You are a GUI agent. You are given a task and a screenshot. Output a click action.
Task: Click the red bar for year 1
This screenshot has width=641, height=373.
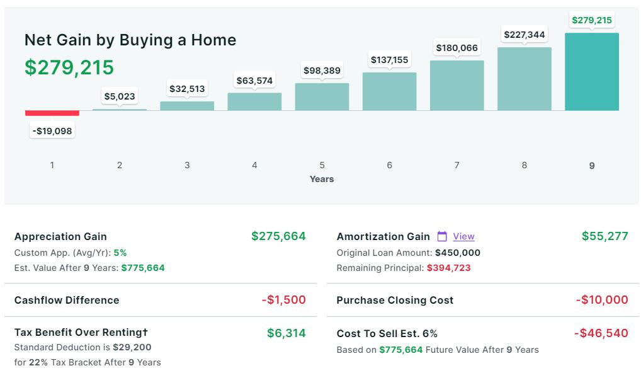52,113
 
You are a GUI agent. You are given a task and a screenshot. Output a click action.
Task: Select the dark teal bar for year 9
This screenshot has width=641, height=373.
591,72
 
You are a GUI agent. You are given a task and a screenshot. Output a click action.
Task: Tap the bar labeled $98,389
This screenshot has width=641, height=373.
322,96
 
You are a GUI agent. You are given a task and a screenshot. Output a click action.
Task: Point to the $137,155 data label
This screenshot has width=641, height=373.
389,60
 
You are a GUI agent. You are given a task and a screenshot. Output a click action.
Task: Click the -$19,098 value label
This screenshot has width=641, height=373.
52,131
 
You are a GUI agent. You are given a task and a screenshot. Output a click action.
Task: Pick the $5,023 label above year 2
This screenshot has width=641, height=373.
120,96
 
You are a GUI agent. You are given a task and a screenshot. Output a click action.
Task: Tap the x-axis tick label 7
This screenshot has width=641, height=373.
457,165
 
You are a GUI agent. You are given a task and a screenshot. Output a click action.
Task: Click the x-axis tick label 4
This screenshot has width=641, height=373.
254,165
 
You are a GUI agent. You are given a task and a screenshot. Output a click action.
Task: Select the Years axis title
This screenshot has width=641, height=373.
322,179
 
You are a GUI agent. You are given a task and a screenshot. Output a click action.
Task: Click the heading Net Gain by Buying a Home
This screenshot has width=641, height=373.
130,40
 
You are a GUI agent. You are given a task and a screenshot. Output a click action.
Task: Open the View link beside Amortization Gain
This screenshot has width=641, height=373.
463,236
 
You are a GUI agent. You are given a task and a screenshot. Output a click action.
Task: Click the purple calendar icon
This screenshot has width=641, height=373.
442,236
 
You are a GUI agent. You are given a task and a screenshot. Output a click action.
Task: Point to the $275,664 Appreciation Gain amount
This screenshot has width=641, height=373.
278,236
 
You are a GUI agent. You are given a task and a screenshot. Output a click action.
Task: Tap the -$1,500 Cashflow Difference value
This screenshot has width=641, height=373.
283,300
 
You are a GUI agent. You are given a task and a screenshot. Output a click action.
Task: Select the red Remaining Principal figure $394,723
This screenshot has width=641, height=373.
449,268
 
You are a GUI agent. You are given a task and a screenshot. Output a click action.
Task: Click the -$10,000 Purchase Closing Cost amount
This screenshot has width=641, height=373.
602,300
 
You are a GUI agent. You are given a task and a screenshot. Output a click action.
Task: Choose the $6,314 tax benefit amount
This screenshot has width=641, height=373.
286,333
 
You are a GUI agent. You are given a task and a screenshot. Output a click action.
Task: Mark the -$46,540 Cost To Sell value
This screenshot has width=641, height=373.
601,333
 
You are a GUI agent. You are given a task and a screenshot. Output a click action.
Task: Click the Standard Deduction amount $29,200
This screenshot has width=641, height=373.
132,347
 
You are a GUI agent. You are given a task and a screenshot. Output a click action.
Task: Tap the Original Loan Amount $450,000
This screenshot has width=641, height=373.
458,253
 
